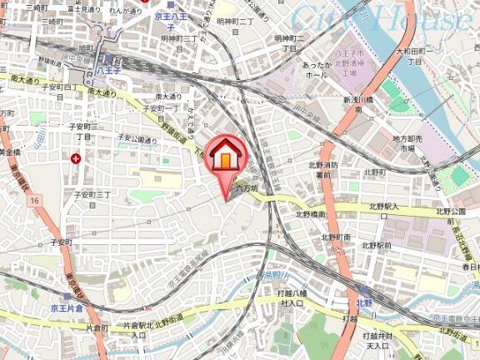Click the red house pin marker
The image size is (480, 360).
pyautogui.click(x=226, y=157)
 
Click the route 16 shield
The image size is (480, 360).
pyautogui.click(x=34, y=201)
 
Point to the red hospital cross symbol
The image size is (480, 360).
pyautogui.click(x=77, y=157)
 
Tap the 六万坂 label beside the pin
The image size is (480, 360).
pyautogui.click(x=247, y=188)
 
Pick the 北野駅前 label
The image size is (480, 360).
pyautogui.click(x=377, y=245)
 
